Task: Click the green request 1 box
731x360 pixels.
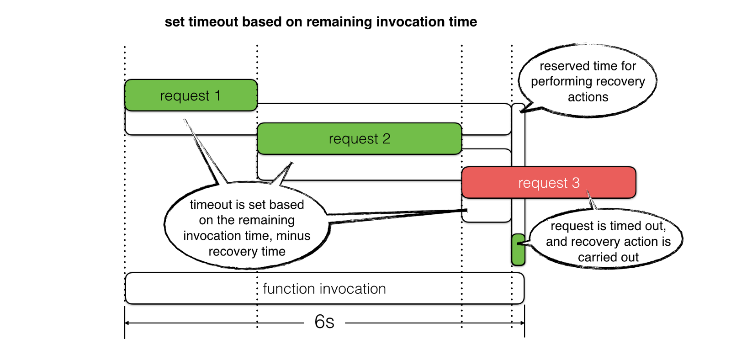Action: [191, 95]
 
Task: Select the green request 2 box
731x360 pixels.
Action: [359, 138]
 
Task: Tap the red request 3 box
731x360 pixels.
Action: [548, 182]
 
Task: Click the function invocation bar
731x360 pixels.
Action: [324, 289]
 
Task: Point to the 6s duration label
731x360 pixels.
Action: [324, 322]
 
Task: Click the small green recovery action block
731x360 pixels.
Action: [518, 249]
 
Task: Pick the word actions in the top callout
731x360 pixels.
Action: [588, 97]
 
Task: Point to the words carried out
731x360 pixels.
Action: [608, 257]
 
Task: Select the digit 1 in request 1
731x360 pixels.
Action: [218, 95]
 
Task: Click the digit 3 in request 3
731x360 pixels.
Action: [576, 182]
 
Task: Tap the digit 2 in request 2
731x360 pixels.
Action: [387, 138]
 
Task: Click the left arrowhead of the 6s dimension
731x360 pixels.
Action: [127, 323]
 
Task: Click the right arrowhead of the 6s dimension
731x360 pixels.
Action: [522, 323]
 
